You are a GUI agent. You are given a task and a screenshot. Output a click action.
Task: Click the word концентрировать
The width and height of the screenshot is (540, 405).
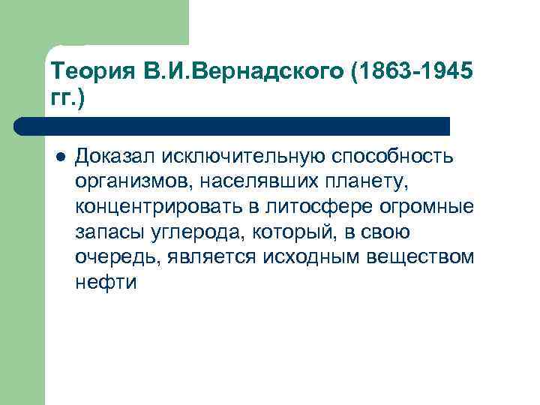[154, 206]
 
